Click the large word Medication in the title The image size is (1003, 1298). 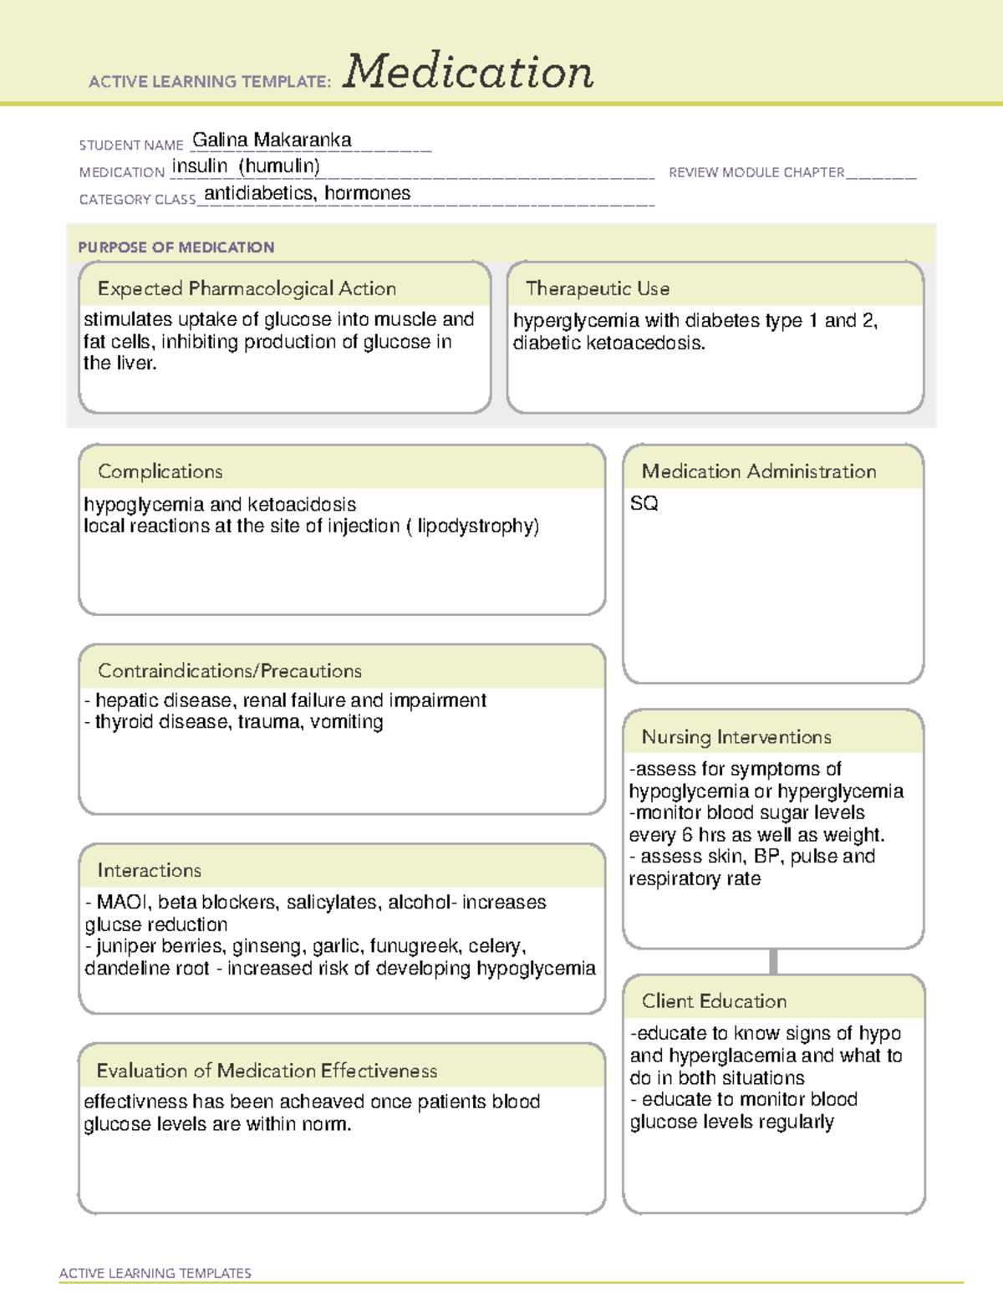point(468,72)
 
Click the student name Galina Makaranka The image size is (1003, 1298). point(272,140)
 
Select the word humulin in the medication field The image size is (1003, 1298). point(279,166)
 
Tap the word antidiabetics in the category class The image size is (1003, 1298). point(258,193)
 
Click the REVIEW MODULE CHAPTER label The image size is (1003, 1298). point(756,172)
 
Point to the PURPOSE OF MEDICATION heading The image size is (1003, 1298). point(176,247)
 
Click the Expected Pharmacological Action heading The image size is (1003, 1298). point(247,288)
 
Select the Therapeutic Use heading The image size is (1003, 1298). point(598,288)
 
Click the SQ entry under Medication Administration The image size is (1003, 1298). point(644,503)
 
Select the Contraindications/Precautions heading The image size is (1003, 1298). point(230,670)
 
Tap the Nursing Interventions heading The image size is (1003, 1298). point(736,736)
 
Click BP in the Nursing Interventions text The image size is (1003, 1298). point(766,856)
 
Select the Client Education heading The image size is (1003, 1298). point(714,1000)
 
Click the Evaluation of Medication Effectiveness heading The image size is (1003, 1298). point(267,1071)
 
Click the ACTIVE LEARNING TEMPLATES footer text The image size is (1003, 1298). point(155,1273)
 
